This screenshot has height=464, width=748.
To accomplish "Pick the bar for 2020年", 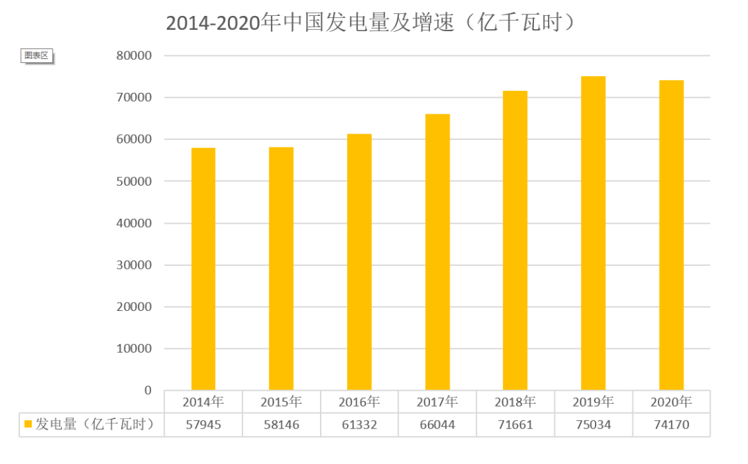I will coord(671,235).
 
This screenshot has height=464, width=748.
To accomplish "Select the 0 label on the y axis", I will coord(147,391).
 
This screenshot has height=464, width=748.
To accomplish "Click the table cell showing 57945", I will coord(203,425).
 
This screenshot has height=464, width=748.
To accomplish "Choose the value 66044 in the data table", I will coord(437,425).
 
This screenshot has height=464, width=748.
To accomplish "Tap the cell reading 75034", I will coord(594,425).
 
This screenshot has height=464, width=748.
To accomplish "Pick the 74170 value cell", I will coord(671,425).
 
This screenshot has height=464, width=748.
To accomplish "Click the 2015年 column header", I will coord(281,402).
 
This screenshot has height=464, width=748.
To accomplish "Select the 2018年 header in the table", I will coord(515,402).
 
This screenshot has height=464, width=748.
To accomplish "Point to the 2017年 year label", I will coord(437,402).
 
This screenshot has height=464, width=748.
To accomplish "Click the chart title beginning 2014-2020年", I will coord(371,23).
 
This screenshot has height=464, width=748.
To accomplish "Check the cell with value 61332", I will coord(359,425).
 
